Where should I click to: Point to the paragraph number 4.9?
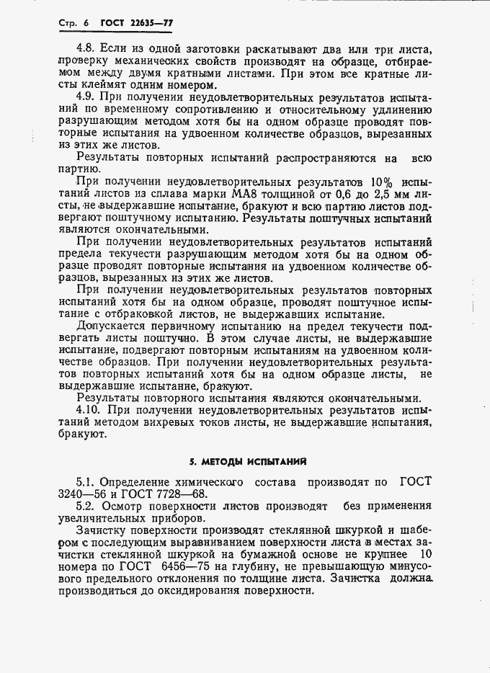(x=88, y=96)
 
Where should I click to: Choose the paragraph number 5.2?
(x=87, y=507)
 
